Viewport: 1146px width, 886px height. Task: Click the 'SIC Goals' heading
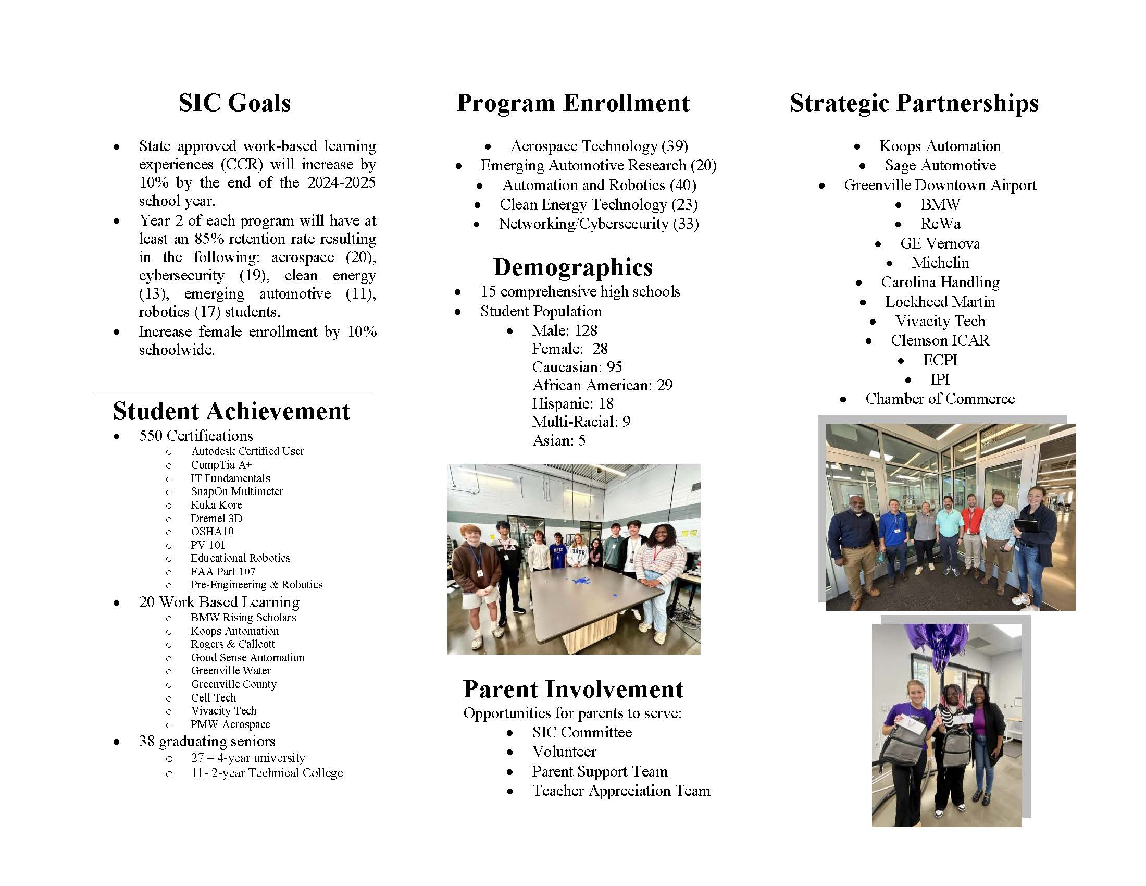point(234,103)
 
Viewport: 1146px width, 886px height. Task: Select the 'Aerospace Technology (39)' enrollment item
point(599,146)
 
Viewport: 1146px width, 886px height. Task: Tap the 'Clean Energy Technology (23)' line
point(598,204)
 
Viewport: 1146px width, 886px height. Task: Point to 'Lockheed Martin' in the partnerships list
point(939,302)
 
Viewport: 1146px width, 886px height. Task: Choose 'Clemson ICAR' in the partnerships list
point(939,341)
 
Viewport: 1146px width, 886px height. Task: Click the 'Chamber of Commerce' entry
point(939,399)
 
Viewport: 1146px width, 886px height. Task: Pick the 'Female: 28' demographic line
point(569,349)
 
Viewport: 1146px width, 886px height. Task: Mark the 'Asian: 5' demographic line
point(558,440)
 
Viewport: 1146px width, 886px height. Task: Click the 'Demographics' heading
point(572,267)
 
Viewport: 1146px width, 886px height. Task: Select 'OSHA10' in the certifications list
point(212,532)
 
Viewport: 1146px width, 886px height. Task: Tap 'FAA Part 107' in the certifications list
point(222,572)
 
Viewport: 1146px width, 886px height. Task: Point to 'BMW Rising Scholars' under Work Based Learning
point(243,618)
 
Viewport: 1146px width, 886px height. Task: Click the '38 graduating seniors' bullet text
point(207,741)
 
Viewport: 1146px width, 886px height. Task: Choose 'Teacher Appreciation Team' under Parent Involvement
point(621,791)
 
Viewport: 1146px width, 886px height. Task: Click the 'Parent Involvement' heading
point(572,690)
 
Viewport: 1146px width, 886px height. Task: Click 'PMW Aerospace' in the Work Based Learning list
point(230,724)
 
